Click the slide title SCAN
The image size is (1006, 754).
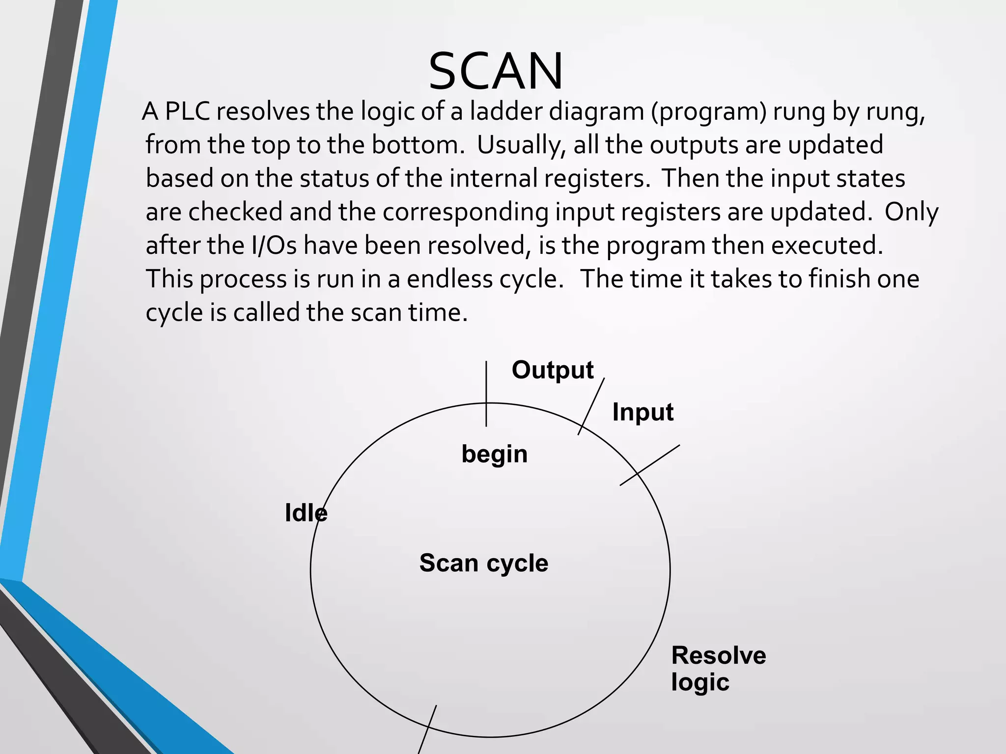click(495, 72)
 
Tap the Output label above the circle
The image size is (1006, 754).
click(553, 370)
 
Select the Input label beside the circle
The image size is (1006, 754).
click(643, 412)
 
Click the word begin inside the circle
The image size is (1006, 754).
click(494, 454)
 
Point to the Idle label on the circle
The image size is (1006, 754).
click(306, 513)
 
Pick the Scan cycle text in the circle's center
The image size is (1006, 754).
click(483, 563)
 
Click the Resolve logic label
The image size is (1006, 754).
click(718, 669)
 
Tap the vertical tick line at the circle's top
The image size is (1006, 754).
click(486, 393)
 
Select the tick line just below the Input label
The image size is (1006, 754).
click(649, 465)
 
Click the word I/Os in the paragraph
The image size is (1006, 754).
click(274, 245)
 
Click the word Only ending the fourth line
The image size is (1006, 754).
click(911, 212)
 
